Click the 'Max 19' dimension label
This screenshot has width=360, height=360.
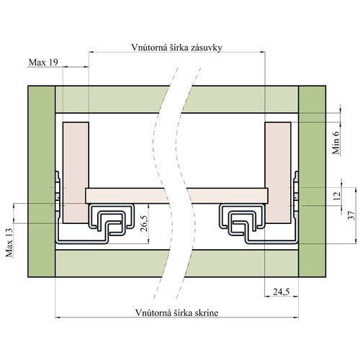tap(43, 63)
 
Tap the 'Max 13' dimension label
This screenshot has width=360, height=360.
tap(9, 242)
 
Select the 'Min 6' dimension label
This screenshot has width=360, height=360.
tap(336, 143)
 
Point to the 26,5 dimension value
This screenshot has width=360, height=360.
tap(145, 223)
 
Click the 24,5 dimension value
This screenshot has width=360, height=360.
tap(282, 292)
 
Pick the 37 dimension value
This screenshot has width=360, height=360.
tap(351, 215)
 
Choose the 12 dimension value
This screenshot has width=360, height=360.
tap(338, 196)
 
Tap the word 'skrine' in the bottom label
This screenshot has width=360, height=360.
tap(206, 313)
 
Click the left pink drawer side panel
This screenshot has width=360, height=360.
tap(76, 173)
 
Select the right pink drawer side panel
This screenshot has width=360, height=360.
tap(278, 173)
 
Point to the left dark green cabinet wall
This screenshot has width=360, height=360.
tap(42, 181)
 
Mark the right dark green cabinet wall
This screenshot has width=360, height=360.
tap(312, 181)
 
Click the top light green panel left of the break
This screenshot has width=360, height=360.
tap(109, 99)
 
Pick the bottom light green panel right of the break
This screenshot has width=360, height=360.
tap(243, 264)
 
